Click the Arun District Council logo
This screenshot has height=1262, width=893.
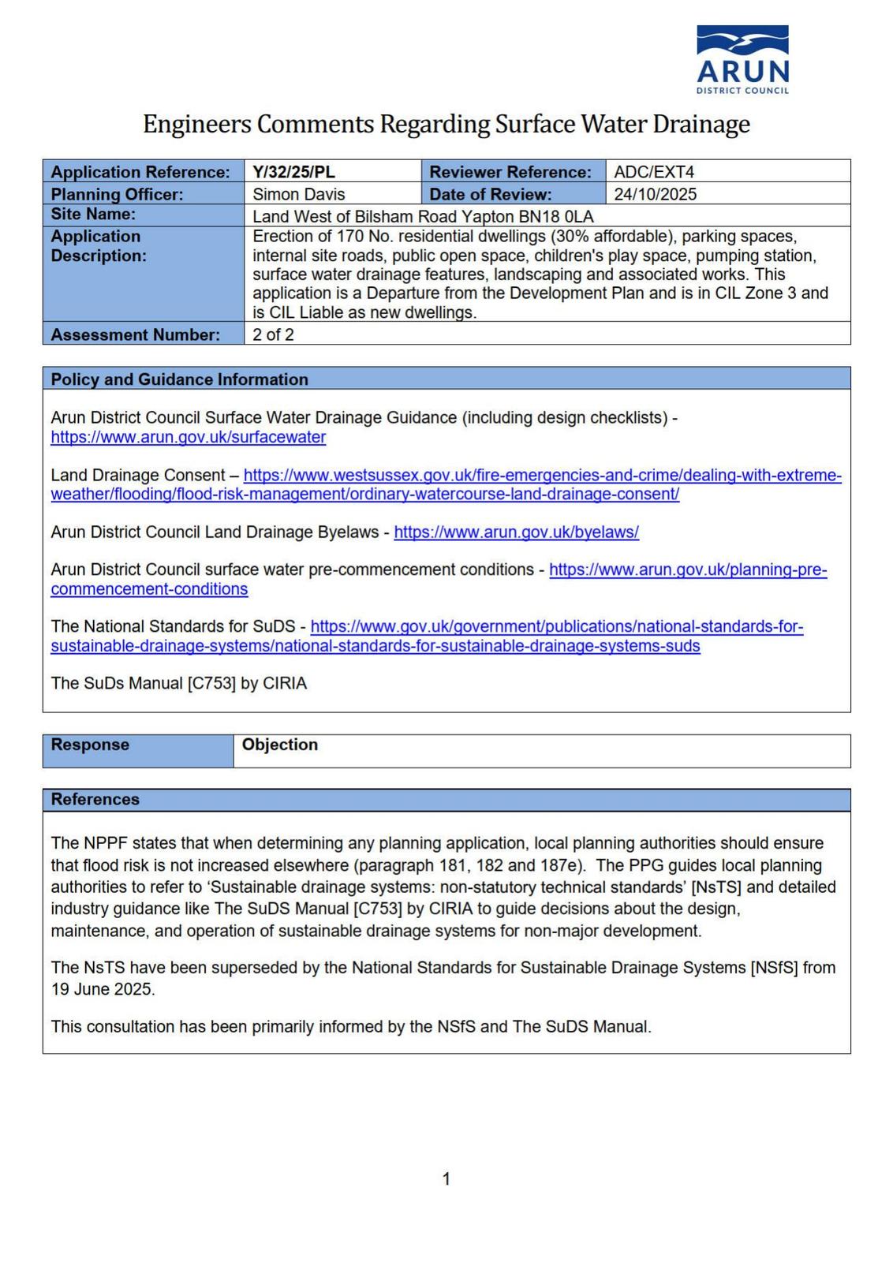(x=742, y=59)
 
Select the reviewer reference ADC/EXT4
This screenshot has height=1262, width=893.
(x=654, y=171)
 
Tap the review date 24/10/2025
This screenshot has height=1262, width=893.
(x=655, y=193)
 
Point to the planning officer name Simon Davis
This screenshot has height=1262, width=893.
(x=298, y=193)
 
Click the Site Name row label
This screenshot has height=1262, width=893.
(x=93, y=214)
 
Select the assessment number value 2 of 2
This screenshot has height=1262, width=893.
(x=273, y=334)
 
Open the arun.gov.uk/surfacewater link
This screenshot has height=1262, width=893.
(x=188, y=437)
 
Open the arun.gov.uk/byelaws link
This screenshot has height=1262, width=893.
(x=516, y=532)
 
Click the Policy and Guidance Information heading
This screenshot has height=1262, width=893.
(x=179, y=379)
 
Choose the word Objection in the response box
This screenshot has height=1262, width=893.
(x=279, y=744)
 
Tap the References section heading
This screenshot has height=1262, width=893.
(x=95, y=799)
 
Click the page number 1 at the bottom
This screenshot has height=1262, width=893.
(x=447, y=1178)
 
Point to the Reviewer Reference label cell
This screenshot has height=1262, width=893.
(x=510, y=171)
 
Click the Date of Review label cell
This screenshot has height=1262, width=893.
(x=490, y=193)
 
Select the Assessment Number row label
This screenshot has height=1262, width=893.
(x=135, y=334)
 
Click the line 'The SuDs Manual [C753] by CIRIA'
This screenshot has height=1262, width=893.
(x=178, y=683)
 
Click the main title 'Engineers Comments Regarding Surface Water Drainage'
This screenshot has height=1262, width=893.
(x=447, y=124)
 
